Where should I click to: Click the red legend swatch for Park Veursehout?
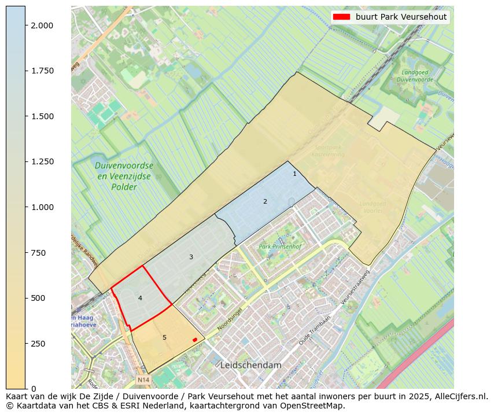tap(342, 17)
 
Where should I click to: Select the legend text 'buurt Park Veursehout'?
tap(401, 17)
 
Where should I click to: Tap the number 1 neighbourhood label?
tap(294, 174)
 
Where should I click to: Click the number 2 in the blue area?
tap(265, 201)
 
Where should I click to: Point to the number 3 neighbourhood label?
tap(191, 257)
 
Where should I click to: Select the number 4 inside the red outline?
tap(140, 298)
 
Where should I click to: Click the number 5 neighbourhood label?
tap(164, 337)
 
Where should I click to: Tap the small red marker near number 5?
tap(195, 340)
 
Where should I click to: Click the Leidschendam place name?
tap(250, 366)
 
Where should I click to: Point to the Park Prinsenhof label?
tap(281, 247)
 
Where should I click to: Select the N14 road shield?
tap(143, 380)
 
